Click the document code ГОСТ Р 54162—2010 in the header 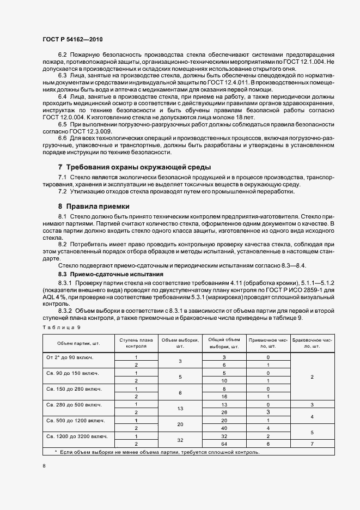point(72,40)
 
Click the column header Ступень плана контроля point(136,342)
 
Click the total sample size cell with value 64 point(224,445)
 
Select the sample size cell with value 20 point(180,424)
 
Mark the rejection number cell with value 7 point(312,445)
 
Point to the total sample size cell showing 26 point(224,412)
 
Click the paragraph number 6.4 point(63,96)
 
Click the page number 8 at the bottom point(44,466)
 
